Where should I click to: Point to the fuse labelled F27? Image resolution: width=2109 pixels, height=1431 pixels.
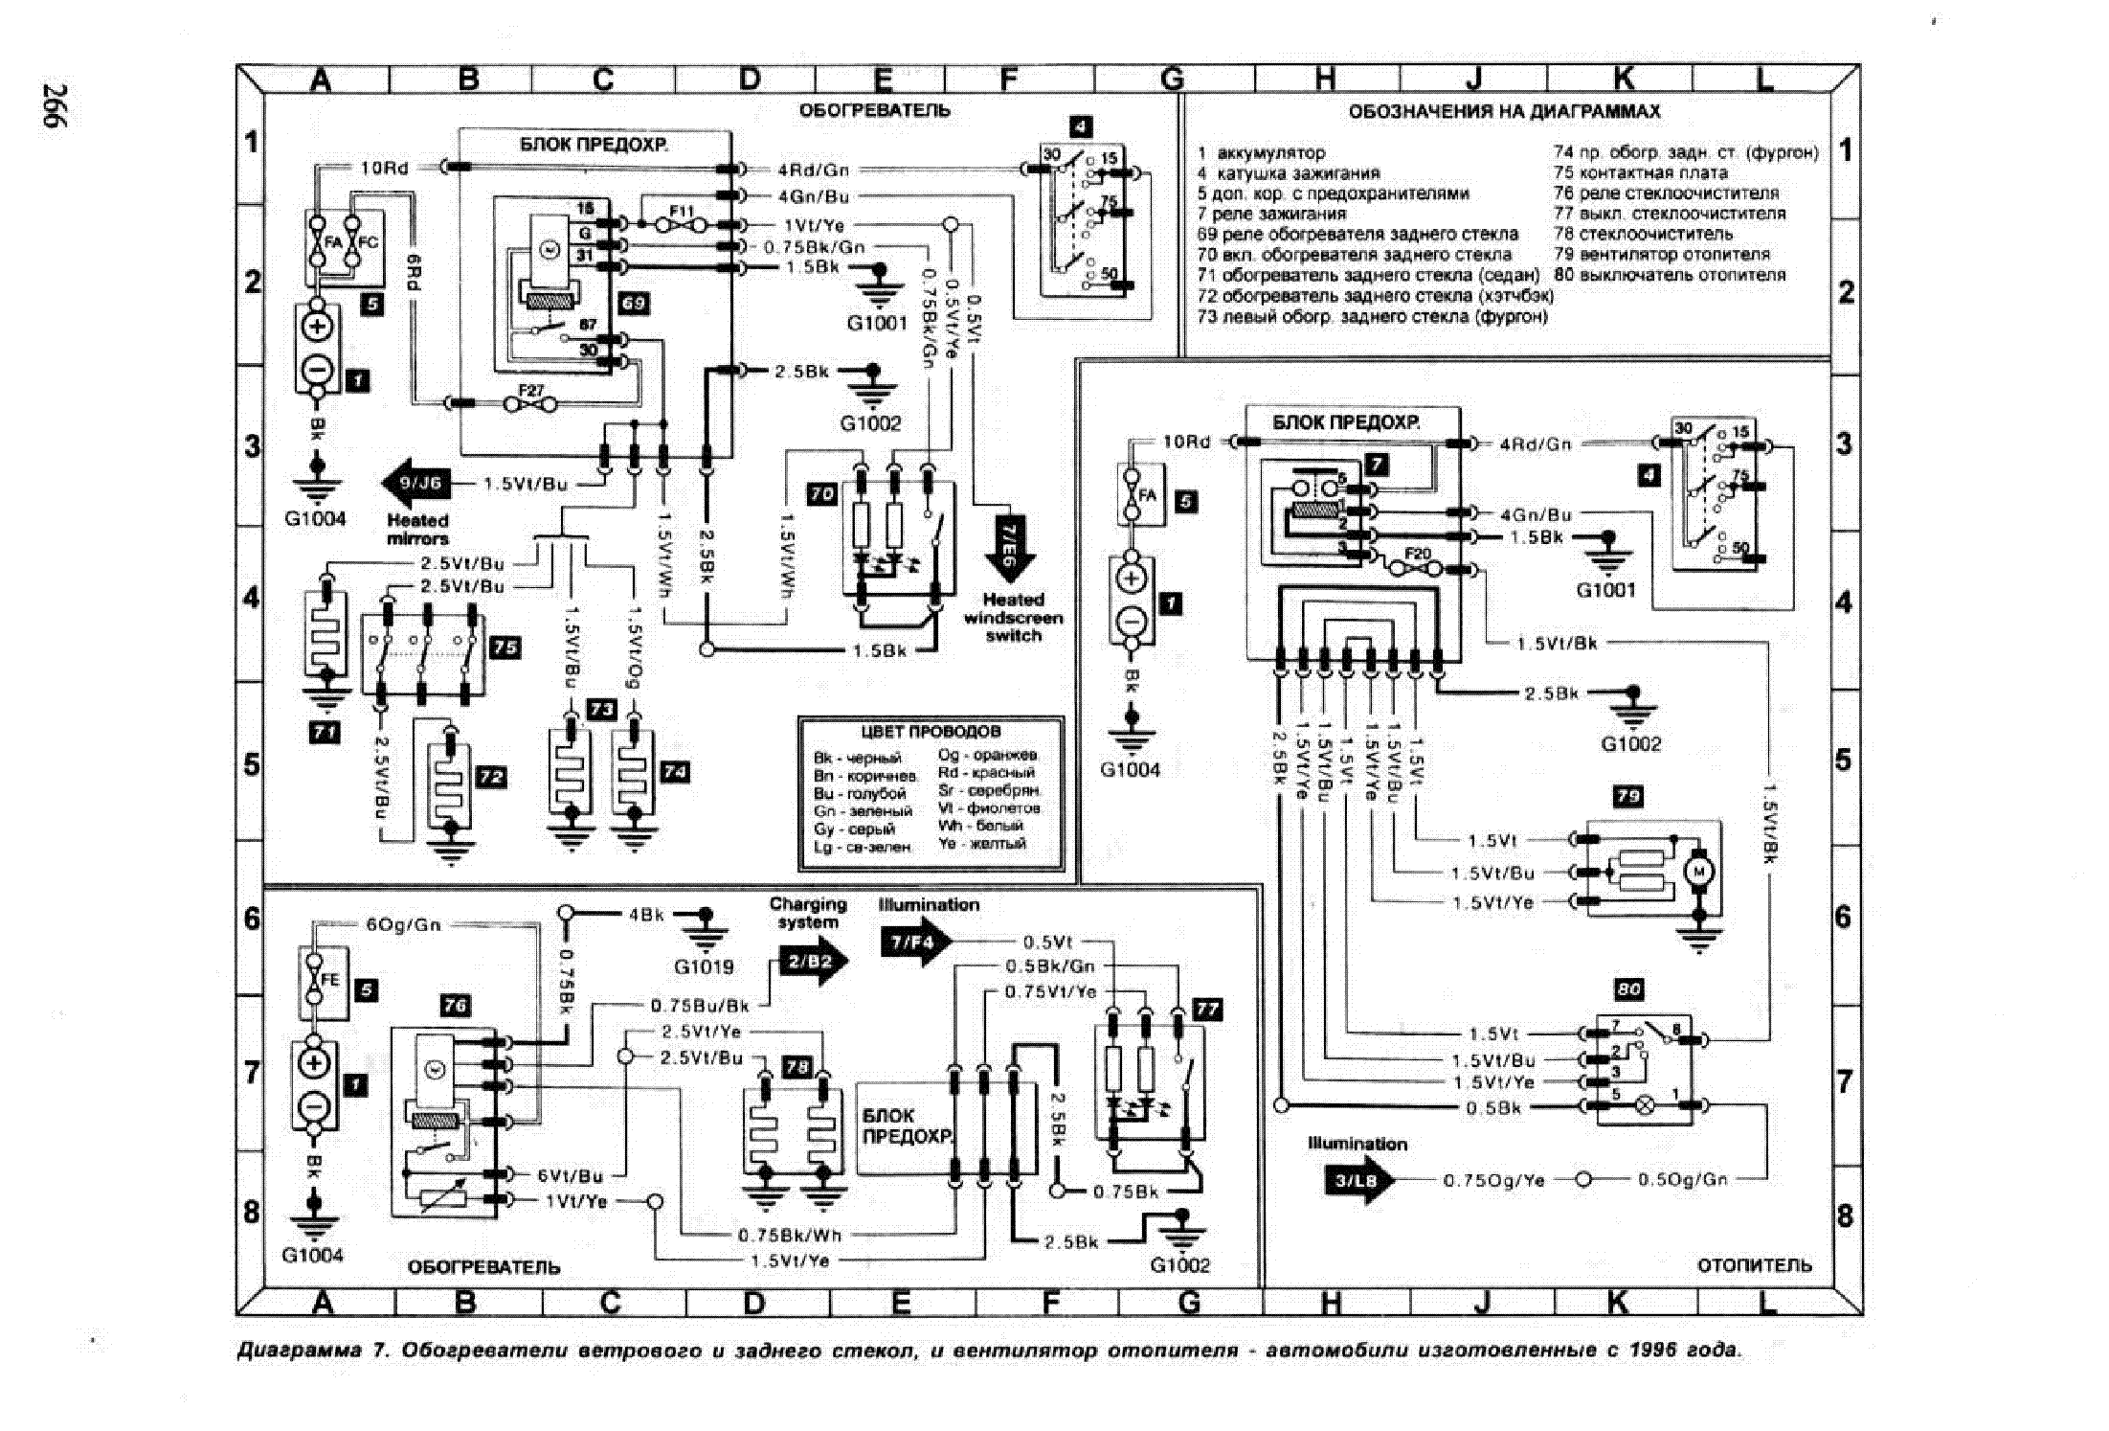point(531,391)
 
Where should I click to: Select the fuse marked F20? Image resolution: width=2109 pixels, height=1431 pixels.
point(1418,555)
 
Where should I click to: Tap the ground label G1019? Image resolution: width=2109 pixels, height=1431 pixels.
point(704,967)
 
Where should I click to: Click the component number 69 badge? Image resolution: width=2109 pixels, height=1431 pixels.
point(634,304)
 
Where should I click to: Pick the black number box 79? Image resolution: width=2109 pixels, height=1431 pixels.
point(1627,796)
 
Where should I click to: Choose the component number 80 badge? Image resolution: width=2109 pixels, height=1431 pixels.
point(1628,989)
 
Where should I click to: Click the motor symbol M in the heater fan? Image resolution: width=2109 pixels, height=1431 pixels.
point(1700,871)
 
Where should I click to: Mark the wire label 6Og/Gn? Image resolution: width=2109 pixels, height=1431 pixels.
point(403,925)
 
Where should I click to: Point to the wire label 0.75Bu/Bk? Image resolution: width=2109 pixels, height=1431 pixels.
point(700,1007)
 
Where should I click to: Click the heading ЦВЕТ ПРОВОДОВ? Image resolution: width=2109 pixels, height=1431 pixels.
point(930,732)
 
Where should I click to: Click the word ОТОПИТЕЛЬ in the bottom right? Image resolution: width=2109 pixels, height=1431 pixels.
point(1754,1265)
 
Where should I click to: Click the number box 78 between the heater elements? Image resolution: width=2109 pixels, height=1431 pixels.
point(796,1067)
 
